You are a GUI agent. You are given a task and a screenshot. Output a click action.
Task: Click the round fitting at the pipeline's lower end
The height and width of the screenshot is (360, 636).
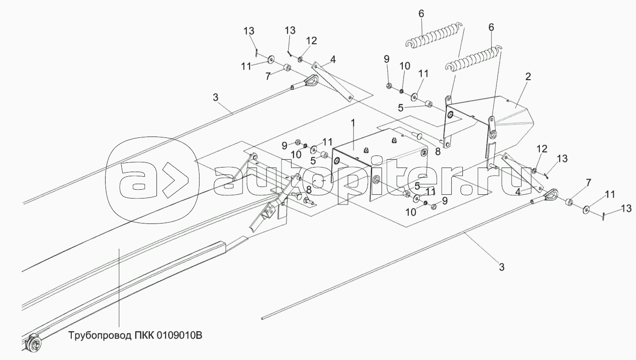34,343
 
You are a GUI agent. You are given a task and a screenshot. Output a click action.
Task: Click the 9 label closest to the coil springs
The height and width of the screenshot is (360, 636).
387,59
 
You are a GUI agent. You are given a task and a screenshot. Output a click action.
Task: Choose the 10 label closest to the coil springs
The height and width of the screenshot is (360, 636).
405,65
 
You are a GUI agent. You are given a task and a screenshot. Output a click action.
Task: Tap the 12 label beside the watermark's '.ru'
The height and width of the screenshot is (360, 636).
542,149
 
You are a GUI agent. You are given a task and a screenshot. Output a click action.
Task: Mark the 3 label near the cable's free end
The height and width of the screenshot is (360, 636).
502,267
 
